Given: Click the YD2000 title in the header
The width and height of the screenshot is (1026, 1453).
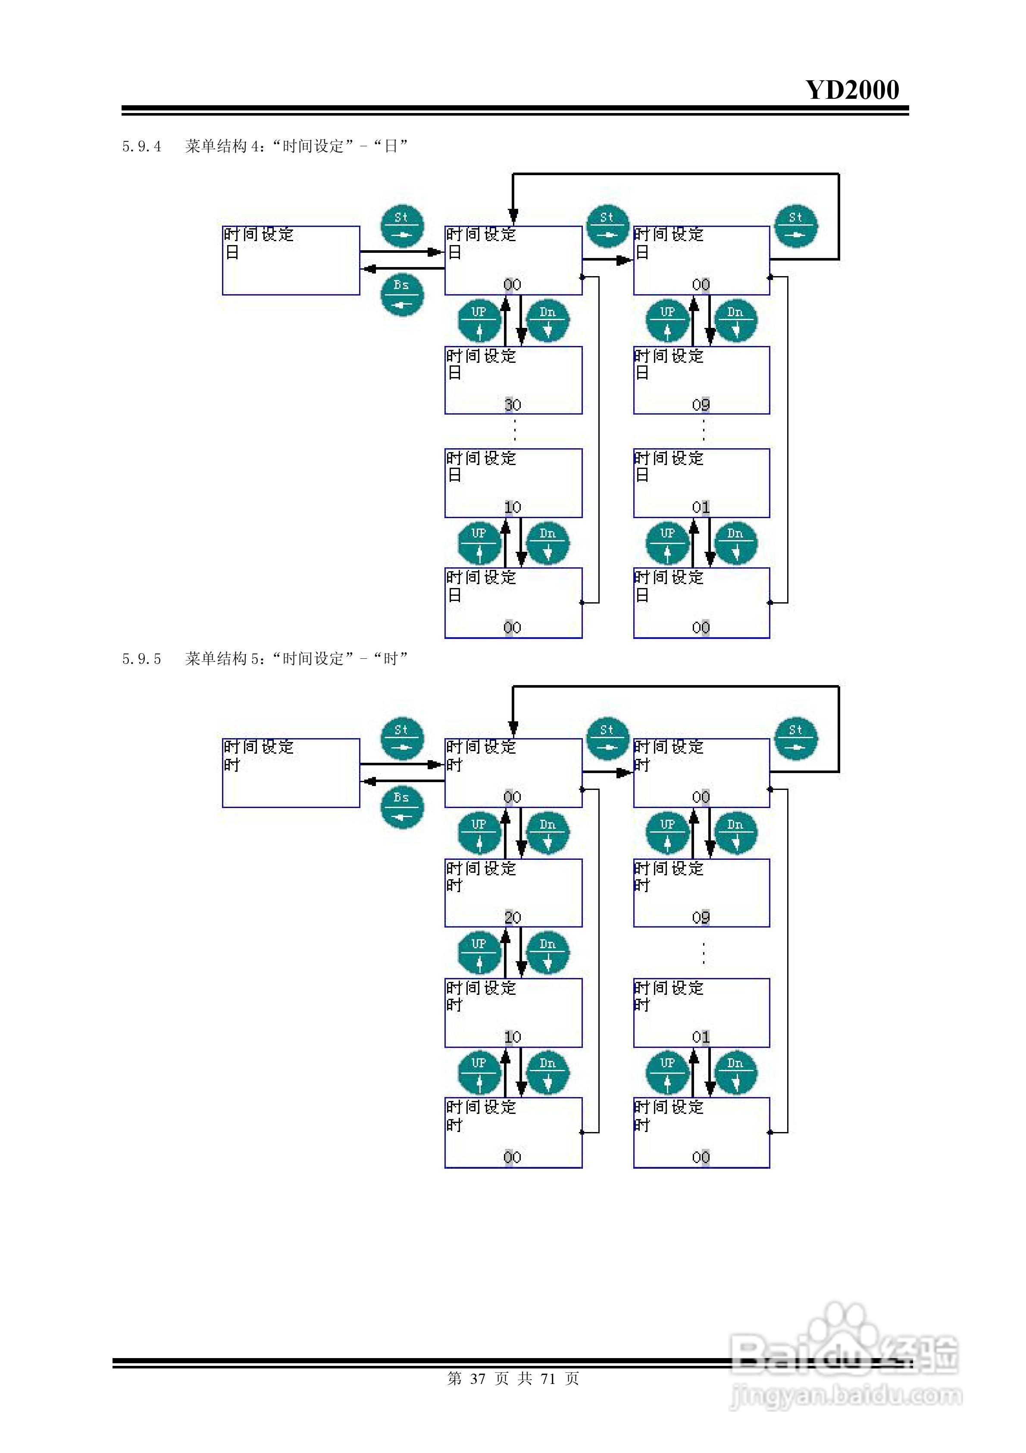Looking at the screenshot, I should click(x=852, y=90).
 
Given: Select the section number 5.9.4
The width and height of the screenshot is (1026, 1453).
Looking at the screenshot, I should click(x=142, y=147).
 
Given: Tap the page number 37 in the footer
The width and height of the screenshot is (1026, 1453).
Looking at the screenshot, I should click(x=478, y=1378).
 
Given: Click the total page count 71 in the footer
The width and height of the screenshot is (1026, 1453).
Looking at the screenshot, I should click(x=548, y=1378).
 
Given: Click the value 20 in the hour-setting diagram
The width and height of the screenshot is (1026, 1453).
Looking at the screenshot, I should click(x=513, y=918).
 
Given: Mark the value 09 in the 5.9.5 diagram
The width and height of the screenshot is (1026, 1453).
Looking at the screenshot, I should click(x=701, y=918).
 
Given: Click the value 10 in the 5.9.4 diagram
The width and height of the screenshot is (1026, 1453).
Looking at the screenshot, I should click(x=513, y=507).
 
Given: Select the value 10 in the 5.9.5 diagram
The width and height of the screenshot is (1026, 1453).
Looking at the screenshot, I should click(x=513, y=1037).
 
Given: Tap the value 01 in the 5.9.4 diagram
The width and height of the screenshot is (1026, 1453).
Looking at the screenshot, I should click(x=701, y=507).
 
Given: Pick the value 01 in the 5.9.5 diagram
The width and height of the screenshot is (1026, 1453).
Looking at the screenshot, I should click(x=701, y=1037).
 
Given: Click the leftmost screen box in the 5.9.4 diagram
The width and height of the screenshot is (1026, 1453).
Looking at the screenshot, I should click(x=291, y=261).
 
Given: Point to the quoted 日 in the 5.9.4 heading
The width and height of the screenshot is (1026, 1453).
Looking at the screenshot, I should click(x=391, y=147).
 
